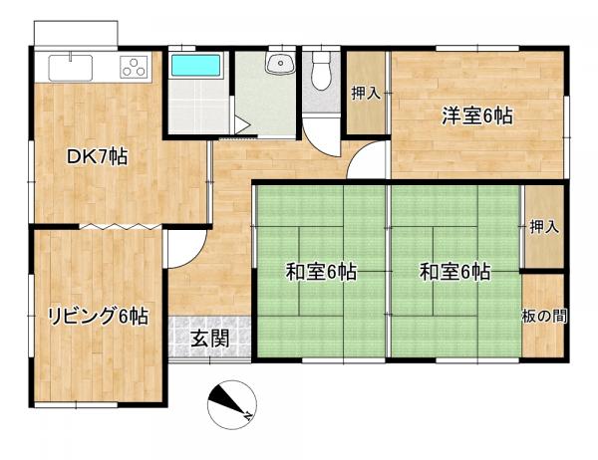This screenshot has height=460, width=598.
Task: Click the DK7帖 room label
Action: pos(97,156)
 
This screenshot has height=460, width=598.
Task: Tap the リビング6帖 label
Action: pos(98,316)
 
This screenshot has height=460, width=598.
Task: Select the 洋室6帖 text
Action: pos(477,115)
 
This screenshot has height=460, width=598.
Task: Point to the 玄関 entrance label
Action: pos(210,339)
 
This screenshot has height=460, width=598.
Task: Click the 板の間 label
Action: pos(544,316)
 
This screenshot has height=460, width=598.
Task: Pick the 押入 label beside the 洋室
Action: pos(366,93)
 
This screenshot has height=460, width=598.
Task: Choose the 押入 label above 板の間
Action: pos(544,227)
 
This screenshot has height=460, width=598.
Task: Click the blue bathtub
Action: pos(196,65)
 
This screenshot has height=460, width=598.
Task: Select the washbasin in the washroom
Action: pos(280,63)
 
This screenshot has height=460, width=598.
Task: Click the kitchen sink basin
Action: pos(71,68)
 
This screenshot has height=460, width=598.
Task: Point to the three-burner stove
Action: pos(134,67)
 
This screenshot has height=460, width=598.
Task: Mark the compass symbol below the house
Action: pos(232,404)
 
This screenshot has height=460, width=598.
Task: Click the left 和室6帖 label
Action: pos(321,272)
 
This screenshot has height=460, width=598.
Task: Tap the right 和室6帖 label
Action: pos(455,272)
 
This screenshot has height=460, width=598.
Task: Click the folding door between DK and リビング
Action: pos(121,226)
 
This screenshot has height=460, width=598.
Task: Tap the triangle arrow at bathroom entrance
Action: pos(241,125)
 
